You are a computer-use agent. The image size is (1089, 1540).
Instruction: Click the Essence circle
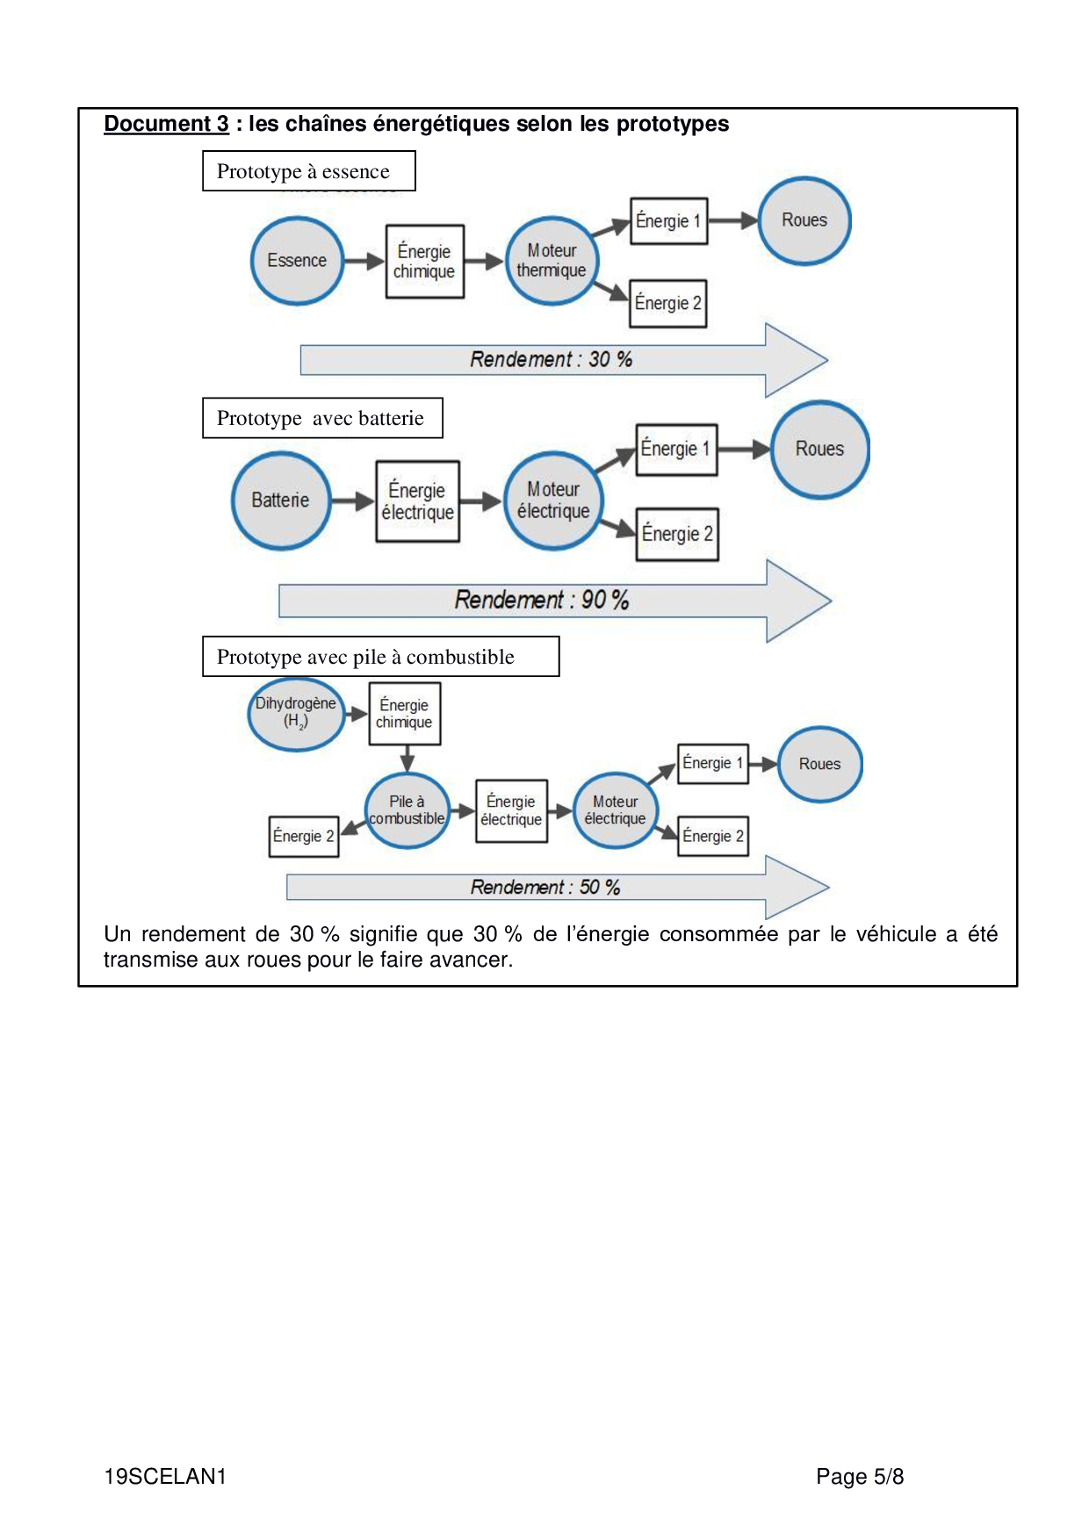click(297, 261)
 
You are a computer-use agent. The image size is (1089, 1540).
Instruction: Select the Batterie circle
click(280, 500)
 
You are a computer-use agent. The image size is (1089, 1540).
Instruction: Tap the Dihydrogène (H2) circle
click(296, 714)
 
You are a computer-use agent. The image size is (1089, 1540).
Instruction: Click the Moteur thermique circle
click(552, 261)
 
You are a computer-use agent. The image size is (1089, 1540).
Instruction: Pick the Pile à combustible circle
click(407, 810)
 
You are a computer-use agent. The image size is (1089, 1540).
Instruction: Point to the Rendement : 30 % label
click(551, 359)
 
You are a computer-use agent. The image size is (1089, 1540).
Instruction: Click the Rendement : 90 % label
click(541, 601)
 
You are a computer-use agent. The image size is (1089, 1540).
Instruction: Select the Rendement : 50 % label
click(544, 888)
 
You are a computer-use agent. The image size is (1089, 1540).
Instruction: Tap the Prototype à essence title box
click(308, 171)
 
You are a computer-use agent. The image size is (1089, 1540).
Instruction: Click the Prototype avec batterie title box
click(322, 418)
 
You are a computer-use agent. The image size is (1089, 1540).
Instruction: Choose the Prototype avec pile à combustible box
click(380, 657)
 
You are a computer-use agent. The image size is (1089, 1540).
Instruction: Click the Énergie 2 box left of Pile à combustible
click(303, 836)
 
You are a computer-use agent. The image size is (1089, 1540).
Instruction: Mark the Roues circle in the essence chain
click(804, 220)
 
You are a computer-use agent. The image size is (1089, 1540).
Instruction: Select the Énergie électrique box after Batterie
click(417, 501)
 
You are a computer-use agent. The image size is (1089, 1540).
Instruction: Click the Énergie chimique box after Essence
click(424, 262)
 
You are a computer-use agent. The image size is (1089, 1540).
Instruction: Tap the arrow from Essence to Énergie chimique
click(364, 261)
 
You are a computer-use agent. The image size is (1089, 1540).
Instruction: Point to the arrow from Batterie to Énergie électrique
click(352, 501)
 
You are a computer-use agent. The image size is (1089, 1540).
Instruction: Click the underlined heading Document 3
click(166, 124)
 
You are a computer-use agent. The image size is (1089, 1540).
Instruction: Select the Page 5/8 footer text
click(859, 1477)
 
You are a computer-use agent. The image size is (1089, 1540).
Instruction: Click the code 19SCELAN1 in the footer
click(165, 1477)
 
